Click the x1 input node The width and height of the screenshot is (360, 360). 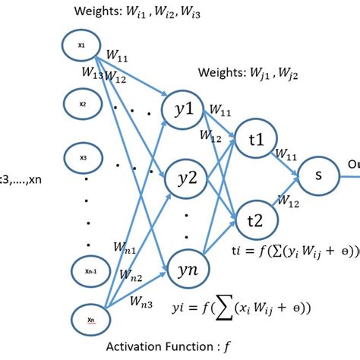click(x=81, y=46)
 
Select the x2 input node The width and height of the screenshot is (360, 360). click(x=81, y=100)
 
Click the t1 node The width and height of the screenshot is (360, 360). click(x=256, y=140)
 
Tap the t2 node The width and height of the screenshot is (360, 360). click(x=256, y=218)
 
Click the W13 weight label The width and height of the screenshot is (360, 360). click(x=93, y=74)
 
